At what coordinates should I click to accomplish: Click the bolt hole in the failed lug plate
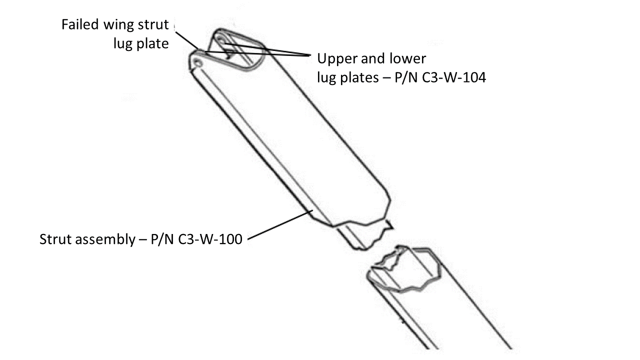coord(198,63)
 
